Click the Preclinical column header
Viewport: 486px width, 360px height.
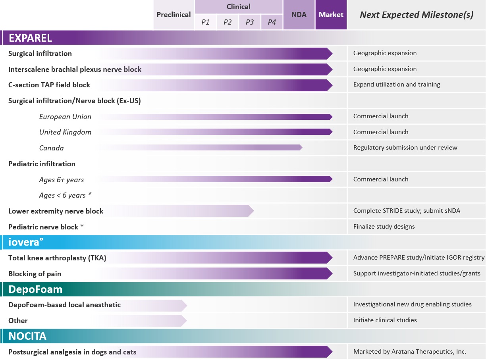(174, 15)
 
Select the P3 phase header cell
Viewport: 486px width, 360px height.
(250, 22)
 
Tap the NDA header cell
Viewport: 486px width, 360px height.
(299, 15)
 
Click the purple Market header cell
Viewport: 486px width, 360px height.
(331, 15)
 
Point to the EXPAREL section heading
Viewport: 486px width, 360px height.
(30, 38)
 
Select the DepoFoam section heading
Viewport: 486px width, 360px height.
(35, 289)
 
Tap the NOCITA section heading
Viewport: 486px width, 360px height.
(27, 336)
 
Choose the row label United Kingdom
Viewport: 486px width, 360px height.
(65, 132)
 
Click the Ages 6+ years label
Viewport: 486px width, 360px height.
(62, 180)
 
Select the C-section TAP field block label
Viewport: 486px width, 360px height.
(49, 85)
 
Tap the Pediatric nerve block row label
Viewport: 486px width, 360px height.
(46, 227)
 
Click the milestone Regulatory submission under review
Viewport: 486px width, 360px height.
(405, 148)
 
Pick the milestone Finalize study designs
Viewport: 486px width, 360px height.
(384, 227)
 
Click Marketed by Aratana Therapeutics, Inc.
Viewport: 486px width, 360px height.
(409, 352)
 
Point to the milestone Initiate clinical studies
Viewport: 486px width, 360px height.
(385, 320)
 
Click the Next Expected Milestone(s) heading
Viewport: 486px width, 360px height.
(416, 15)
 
